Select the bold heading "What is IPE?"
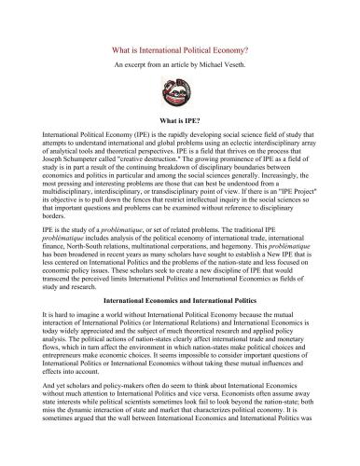coord(180,120)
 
